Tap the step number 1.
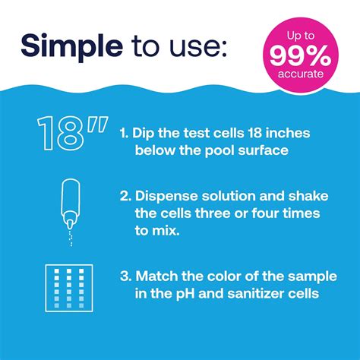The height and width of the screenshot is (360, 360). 124,134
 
